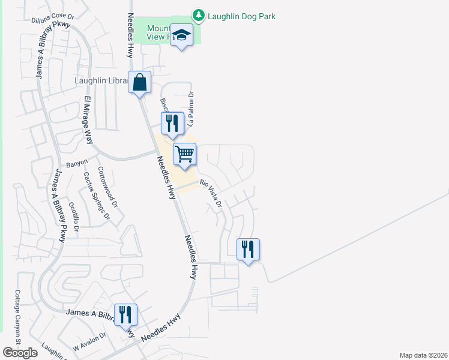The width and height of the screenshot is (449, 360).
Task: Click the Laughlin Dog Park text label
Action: point(241,16)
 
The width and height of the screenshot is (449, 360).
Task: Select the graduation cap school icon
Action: point(181,35)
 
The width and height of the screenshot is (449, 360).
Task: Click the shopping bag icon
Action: point(139,82)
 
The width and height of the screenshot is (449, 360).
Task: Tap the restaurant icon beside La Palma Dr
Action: point(172,124)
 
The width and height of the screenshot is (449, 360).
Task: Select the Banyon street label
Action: point(76,162)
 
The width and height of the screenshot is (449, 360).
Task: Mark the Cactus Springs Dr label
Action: point(97,196)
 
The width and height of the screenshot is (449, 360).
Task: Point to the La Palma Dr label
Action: point(191,109)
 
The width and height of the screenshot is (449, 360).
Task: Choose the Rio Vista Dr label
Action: point(211,194)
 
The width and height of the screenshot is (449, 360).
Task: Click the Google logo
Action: point(20,353)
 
